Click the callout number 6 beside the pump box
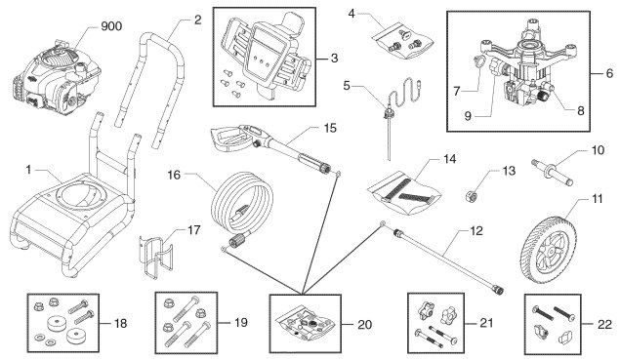point(609,72)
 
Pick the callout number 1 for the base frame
point(14,169)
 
